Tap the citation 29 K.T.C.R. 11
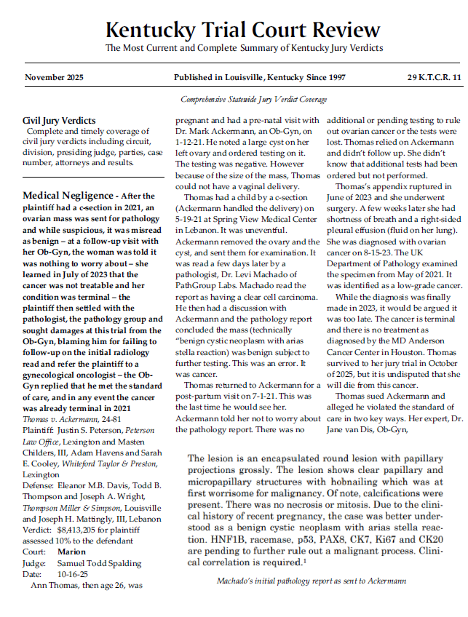[434, 77]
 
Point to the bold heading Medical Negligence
[67, 196]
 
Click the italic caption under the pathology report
[311, 581]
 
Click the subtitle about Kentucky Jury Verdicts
[244, 49]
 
